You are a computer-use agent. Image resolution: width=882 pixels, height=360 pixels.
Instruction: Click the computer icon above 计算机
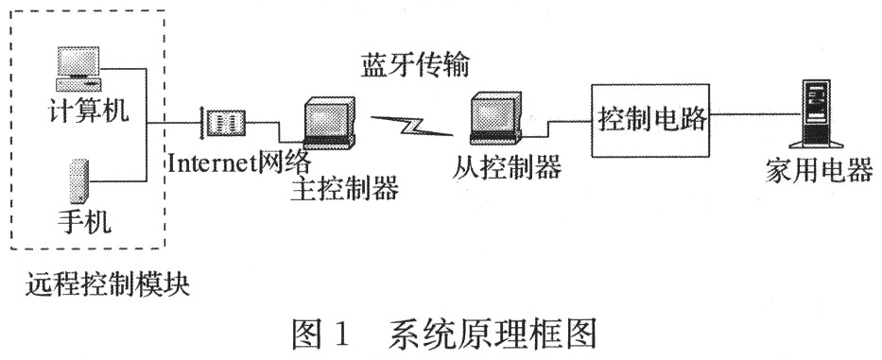78,67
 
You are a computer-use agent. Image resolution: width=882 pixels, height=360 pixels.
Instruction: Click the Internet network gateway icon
225,121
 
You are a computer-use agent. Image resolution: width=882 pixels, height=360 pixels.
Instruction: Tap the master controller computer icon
327,122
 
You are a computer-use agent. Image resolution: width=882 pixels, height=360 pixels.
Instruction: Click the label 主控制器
345,188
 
